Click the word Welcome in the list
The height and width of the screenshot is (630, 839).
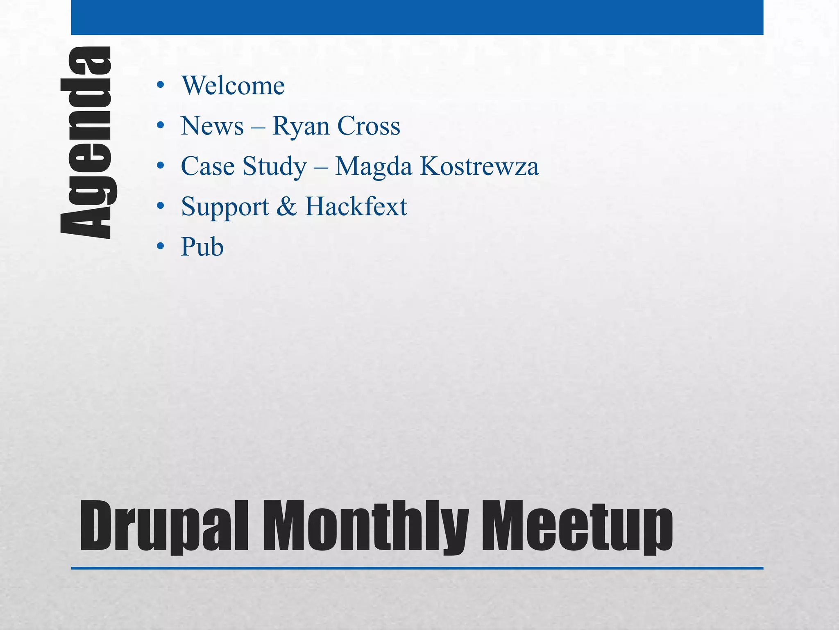point(233,86)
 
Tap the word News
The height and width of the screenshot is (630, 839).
point(212,126)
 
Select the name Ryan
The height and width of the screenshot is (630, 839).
point(301,127)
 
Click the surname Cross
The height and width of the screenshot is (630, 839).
point(369,126)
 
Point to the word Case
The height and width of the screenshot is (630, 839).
point(208,166)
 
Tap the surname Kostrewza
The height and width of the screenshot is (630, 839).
point(479,166)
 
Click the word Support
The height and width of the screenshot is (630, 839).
point(225,207)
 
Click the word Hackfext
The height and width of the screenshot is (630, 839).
point(356,206)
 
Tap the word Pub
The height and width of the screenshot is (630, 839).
point(202,247)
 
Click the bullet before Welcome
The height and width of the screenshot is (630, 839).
point(160,85)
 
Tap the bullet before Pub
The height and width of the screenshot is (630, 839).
point(160,247)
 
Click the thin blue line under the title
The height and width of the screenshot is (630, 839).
point(417,568)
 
